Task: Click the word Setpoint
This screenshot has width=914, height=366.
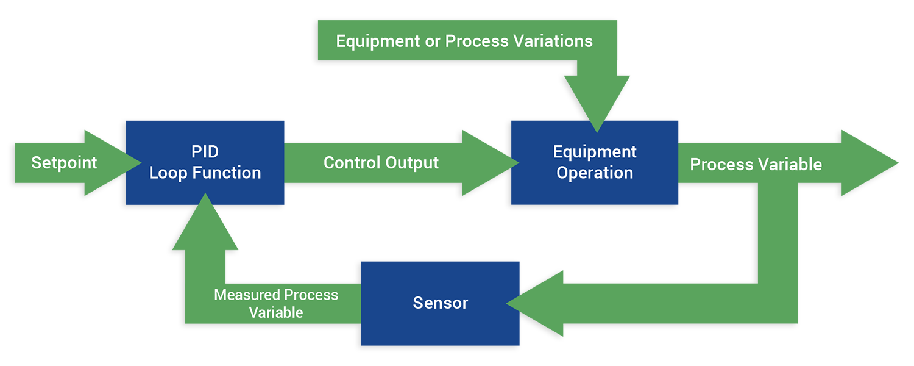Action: [64, 163]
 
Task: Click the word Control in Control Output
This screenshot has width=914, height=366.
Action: [351, 163]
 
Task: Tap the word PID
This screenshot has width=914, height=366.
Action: [205, 152]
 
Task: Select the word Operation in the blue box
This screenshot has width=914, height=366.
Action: [595, 173]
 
